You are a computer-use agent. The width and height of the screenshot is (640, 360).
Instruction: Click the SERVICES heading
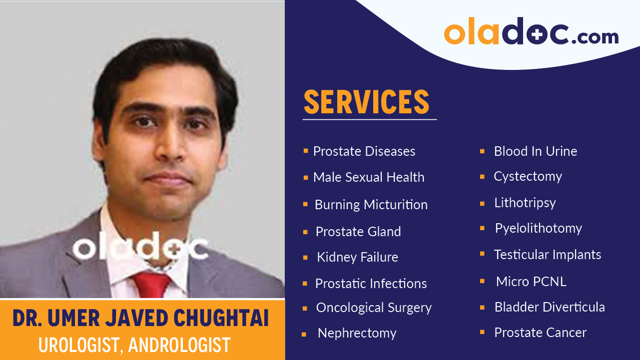[366, 102]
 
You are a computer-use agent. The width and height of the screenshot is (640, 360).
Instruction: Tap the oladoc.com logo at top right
[531, 32]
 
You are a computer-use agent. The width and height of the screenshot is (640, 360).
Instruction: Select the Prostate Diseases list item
[364, 151]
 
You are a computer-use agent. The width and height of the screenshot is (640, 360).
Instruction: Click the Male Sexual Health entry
[368, 177]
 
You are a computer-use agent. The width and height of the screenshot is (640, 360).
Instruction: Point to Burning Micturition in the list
[371, 205]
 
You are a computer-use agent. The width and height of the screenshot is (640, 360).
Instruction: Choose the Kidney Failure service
[357, 257]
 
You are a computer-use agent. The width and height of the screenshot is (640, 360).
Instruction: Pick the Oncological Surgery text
[373, 308]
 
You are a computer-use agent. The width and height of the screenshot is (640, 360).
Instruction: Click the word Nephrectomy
[357, 333]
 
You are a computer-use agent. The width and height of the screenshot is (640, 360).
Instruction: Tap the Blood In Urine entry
[535, 151]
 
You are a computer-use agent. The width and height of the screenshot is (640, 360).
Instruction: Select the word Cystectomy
[528, 176]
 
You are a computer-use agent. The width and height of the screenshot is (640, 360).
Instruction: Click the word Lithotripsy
[525, 203]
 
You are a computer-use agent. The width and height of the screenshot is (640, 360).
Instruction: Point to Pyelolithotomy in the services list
[538, 229]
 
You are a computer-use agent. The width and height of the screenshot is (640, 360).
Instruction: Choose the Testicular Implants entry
[547, 255]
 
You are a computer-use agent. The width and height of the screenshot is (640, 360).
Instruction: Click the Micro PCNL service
[531, 282]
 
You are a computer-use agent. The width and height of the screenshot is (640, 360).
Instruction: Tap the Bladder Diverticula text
[549, 307]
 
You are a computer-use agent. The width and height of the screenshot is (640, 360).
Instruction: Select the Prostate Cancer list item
[540, 333]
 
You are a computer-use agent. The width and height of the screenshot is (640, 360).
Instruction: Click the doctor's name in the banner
[140, 319]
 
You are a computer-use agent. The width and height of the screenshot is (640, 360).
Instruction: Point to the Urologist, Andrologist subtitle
[134, 345]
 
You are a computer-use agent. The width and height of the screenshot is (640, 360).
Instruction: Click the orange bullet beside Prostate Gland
[305, 232]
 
